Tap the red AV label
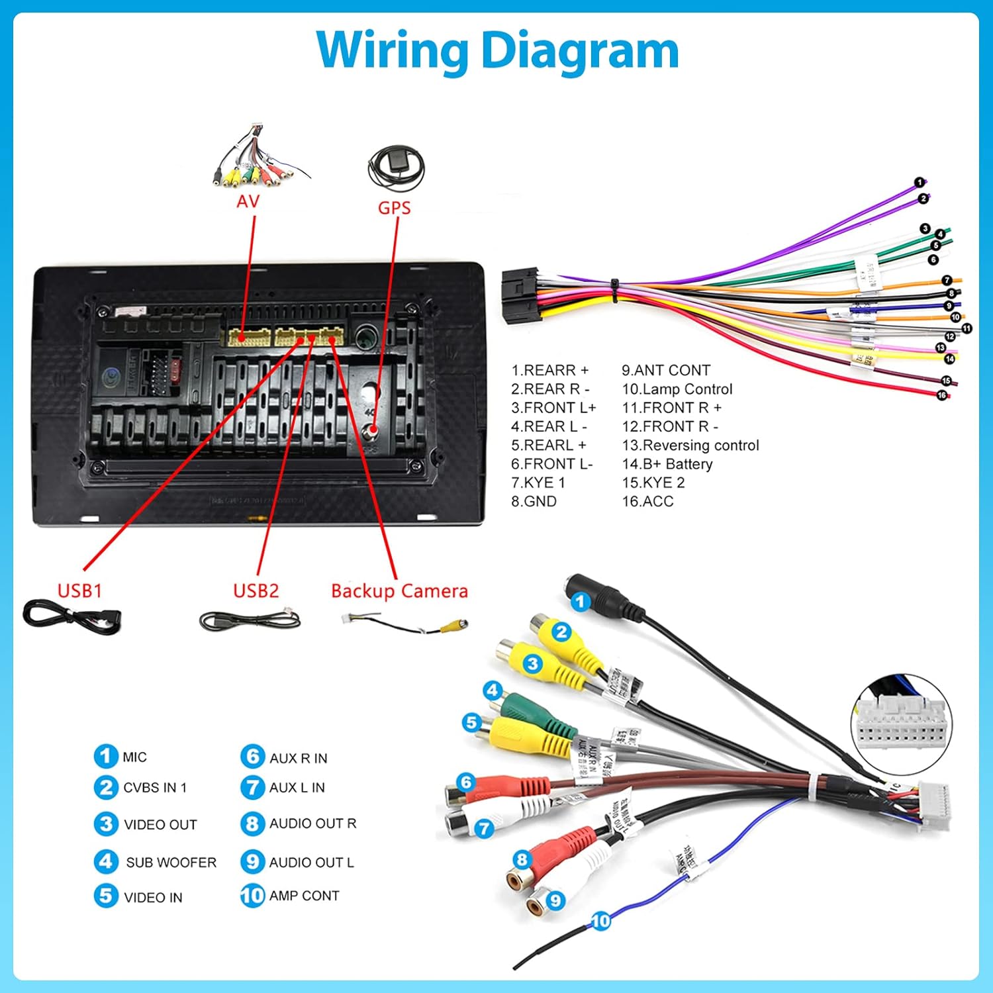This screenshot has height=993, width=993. click(x=248, y=201)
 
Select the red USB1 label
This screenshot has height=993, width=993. click(x=79, y=590)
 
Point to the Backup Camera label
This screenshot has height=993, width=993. click(x=399, y=591)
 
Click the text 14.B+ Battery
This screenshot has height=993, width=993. click(x=667, y=464)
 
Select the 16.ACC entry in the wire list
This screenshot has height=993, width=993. click(x=647, y=502)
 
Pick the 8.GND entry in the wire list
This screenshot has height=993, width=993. click(x=534, y=502)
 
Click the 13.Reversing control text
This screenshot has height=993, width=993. click(x=690, y=446)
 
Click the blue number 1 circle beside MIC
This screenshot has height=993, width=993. click(x=105, y=756)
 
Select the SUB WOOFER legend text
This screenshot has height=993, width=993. click(x=171, y=863)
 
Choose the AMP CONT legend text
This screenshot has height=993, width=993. click(x=304, y=896)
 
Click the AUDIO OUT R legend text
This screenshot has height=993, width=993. click(x=312, y=824)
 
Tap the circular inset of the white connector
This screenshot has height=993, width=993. click(x=901, y=725)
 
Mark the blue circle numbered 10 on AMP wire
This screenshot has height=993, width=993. click(x=600, y=921)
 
